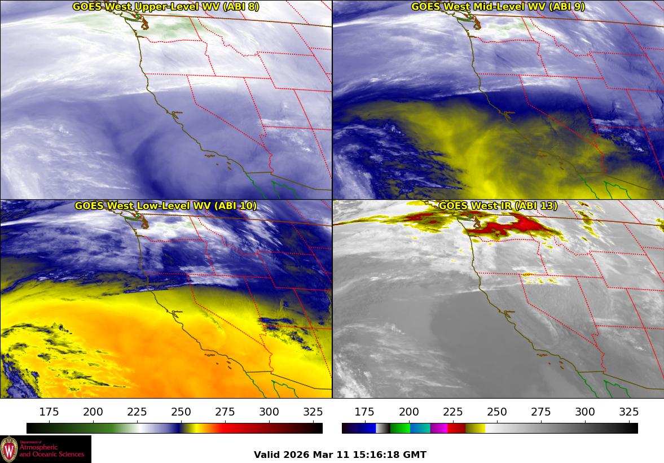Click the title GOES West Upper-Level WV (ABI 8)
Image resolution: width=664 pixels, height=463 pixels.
[x=166, y=7]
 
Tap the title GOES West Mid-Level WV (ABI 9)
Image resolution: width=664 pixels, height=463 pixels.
[x=498, y=7]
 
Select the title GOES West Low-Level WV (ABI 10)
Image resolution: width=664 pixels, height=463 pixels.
[x=166, y=206]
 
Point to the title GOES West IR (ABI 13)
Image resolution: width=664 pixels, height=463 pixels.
[x=498, y=206]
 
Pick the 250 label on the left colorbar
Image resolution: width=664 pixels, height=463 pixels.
[x=181, y=412]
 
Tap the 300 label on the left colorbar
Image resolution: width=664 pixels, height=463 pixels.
[x=269, y=412]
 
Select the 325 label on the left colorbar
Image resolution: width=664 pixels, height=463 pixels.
[x=313, y=412]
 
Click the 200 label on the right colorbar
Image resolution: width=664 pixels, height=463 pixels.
[x=409, y=412]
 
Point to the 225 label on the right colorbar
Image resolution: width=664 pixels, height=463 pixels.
[x=453, y=412]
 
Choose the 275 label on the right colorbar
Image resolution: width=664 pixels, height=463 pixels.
[x=541, y=412]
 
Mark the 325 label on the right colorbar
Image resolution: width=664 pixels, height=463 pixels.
[x=628, y=412]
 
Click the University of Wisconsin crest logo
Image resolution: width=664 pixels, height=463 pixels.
[x=9, y=449]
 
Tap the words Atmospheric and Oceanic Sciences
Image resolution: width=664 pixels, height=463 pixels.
[x=51, y=451]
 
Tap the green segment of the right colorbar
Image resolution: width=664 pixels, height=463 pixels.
[x=400, y=428]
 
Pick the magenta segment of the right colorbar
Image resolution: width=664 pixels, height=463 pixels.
[x=439, y=428]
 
